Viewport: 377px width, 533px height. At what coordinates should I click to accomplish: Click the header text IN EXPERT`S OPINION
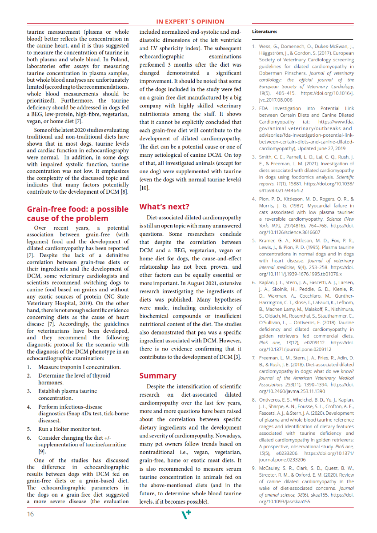point(190,21)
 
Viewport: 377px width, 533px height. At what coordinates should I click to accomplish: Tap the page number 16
point(30,514)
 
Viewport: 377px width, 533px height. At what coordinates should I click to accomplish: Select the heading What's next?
point(164,207)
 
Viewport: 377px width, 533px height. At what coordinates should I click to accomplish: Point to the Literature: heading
point(265,32)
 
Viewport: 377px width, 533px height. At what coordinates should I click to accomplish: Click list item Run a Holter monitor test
point(69,429)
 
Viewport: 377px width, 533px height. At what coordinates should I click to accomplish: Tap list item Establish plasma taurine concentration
point(67,394)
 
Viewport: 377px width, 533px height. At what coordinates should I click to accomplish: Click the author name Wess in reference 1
point(266,46)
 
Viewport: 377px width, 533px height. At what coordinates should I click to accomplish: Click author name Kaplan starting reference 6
point(268,282)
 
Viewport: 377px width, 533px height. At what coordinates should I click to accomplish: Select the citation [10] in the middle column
point(144,188)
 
